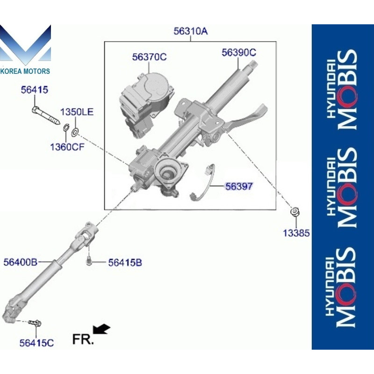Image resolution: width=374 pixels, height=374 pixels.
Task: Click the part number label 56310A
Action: tap(190, 32)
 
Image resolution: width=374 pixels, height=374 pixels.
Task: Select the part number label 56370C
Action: tap(149, 57)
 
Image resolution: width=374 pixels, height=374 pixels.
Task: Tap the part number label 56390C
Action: tap(239, 53)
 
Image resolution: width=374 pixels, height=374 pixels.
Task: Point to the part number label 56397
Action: tap(239, 186)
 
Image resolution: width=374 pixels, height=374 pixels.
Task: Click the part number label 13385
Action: tap(296, 232)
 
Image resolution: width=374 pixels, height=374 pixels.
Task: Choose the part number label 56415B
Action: tap(125, 263)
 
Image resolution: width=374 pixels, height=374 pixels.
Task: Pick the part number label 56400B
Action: tap(20, 262)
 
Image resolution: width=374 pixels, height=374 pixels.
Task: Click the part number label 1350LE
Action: tap(77, 112)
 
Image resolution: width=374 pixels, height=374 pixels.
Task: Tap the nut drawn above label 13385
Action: tap(295, 212)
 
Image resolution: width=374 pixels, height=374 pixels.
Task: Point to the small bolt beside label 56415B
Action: tap(88, 260)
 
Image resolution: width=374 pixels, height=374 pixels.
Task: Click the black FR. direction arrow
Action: tap(101, 330)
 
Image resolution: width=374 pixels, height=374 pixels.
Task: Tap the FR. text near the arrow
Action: tap(83, 339)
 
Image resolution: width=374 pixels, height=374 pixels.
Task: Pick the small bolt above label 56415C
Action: tap(35, 323)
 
